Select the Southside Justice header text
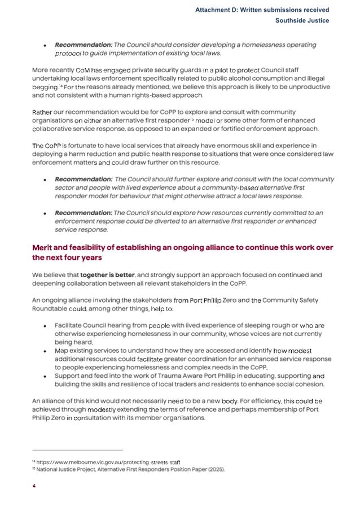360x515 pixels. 302,20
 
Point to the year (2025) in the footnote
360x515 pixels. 213,469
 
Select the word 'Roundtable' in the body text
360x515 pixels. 52,309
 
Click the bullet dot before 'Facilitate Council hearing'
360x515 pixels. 45,326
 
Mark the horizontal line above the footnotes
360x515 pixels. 77,450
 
